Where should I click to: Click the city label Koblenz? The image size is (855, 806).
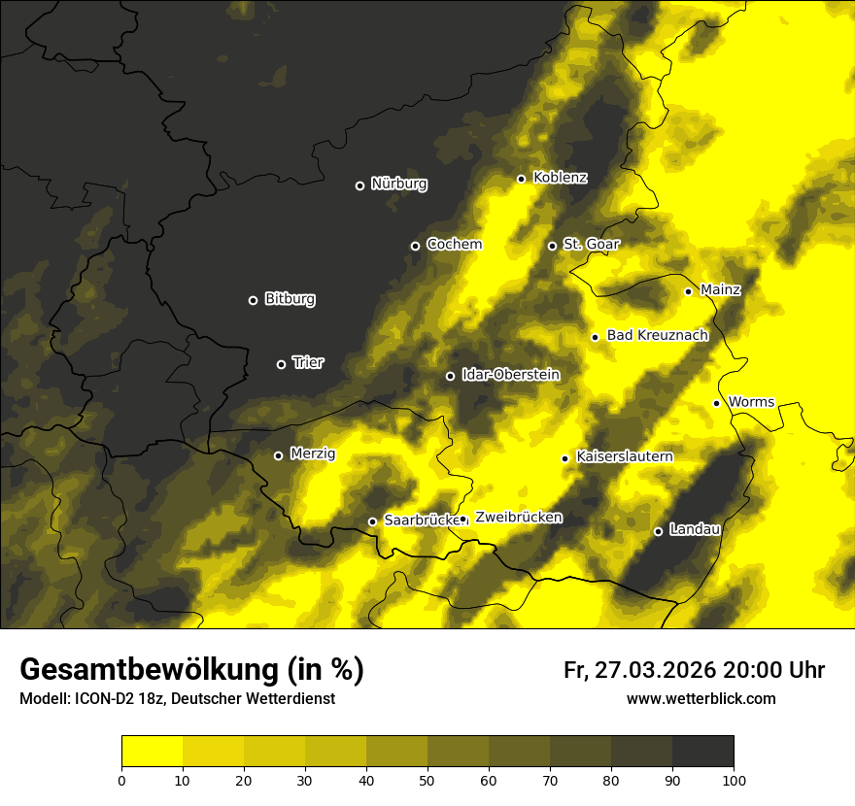pos(561,178)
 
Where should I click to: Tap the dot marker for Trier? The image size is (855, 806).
pos(282,364)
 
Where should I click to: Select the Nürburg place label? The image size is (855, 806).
pos(398,184)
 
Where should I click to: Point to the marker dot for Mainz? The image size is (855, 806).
pos(688,291)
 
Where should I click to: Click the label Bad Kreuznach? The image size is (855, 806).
pos(657,335)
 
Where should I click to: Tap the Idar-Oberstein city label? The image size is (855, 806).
pos(510,374)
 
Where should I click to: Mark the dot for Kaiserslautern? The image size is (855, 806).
pos(564,458)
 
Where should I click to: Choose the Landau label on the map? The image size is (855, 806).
pos(695,529)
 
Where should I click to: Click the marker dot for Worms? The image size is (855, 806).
pos(716,403)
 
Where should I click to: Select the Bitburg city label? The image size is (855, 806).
pos(290,299)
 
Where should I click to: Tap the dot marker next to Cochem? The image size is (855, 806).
pos(415,246)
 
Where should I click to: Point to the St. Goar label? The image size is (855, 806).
pos(591,244)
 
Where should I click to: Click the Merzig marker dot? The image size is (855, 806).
pos(278,455)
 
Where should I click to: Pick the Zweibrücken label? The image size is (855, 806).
pos(518,518)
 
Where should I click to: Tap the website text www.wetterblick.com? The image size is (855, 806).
pos(701,698)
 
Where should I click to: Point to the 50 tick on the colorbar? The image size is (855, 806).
pos(427,779)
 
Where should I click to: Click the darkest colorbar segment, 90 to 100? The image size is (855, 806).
pos(702,752)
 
